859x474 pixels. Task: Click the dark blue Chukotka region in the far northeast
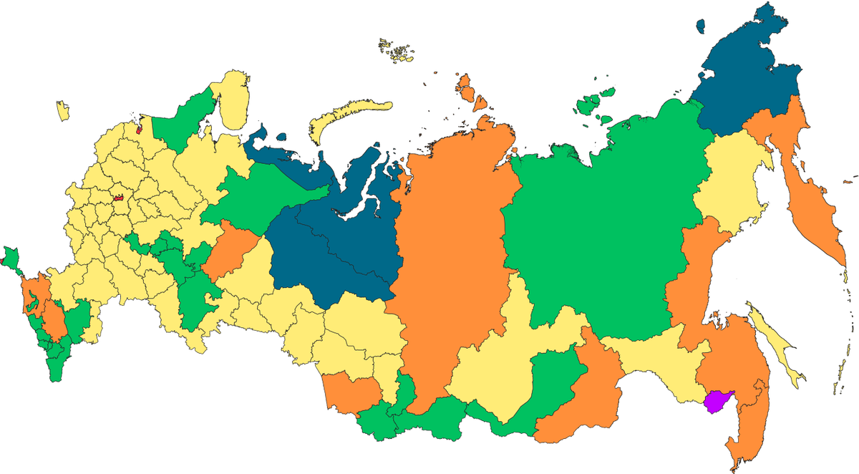[x=744, y=79]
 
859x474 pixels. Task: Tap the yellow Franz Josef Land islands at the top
[x=397, y=50]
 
